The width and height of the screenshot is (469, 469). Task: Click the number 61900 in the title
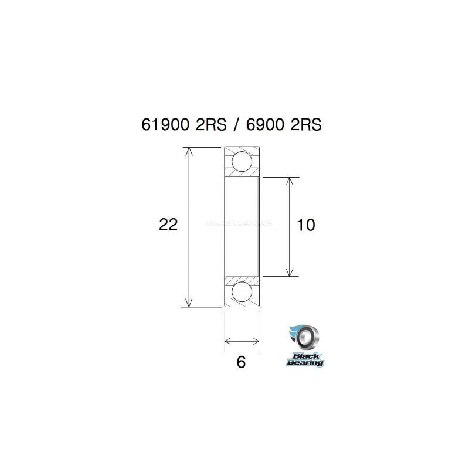click(x=166, y=125)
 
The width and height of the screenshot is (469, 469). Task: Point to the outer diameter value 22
click(x=168, y=225)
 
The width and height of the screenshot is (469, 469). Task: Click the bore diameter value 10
click(x=306, y=225)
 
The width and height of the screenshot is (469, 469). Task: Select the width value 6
click(x=240, y=362)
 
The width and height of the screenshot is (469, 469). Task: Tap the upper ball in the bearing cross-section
click(x=242, y=161)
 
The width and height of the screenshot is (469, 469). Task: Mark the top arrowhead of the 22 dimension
click(x=189, y=152)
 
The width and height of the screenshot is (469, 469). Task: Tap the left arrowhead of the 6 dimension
click(x=229, y=341)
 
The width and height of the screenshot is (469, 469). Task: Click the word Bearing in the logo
click(x=305, y=363)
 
